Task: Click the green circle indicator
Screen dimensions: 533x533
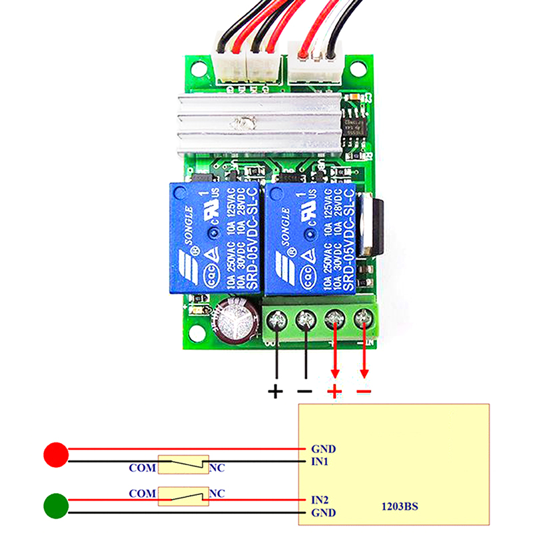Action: (56, 506)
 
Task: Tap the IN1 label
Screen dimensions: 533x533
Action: (320, 461)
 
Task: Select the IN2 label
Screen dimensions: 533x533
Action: (320, 499)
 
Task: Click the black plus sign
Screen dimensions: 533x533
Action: (275, 391)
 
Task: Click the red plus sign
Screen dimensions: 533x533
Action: (334, 391)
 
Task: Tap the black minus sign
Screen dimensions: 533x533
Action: (304, 391)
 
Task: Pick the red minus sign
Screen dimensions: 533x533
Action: (363, 391)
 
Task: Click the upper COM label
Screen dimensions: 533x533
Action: (142, 468)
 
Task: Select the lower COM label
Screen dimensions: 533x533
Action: (142, 494)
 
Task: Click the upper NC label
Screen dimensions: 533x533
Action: (217, 468)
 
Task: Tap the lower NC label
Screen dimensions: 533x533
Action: (217, 494)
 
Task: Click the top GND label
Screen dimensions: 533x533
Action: (323, 449)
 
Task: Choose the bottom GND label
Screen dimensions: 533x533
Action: (323, 513)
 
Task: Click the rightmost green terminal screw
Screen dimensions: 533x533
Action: (364, 320)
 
